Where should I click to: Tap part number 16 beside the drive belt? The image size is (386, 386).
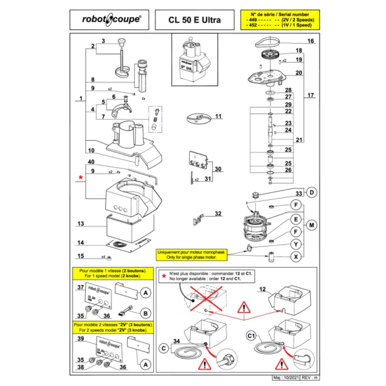pos(311,41)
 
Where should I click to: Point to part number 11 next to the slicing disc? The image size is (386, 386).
pos(218,116)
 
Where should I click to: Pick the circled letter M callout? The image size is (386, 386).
pos(312,225)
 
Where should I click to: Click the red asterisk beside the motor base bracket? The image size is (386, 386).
pos(81,177)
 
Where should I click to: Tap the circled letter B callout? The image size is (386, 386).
pos(145,313)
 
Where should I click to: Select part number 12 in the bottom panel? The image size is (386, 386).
pos(263,289)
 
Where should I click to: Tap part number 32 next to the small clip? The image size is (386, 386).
pos(218,213)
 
